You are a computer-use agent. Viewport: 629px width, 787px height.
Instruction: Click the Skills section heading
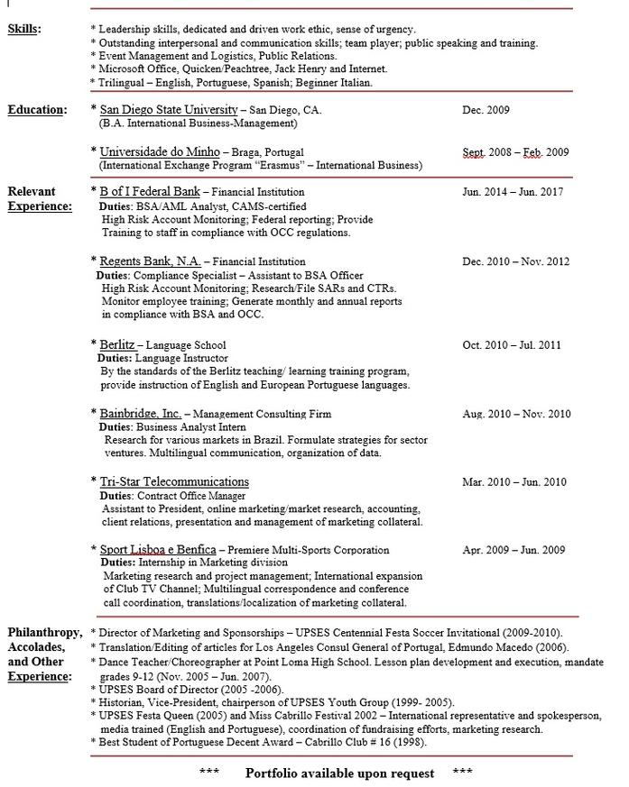pos(24,29)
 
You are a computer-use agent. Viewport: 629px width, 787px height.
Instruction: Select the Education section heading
pos(37,110)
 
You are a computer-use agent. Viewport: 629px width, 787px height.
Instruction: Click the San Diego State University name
pos(169,110)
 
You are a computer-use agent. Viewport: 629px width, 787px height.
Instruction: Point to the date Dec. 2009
pos(486,110)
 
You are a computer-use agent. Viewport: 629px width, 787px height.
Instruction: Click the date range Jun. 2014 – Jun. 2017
pos(513,192)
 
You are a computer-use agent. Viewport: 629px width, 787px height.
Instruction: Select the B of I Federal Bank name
pos(150,192)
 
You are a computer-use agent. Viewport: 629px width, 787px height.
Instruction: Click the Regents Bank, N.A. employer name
pos(150,261)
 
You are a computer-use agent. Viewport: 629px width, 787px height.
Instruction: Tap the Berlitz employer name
pos(117,344)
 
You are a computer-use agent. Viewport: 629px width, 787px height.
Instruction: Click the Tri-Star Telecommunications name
pos(174,482)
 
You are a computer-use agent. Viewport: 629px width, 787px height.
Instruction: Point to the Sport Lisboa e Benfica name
pos(158,549)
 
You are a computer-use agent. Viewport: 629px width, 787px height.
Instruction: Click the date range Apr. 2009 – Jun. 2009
pos(513,550)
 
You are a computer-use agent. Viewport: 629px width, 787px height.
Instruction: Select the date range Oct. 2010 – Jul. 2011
pos(512,345)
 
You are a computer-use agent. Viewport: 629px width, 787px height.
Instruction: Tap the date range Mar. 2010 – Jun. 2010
pos(514,482)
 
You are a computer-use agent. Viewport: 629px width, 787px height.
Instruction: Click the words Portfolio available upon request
pos(339,773)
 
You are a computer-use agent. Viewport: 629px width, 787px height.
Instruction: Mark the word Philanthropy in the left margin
pos(44,632)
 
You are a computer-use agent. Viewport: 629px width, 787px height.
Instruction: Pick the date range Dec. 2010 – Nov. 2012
pos(515,262)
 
